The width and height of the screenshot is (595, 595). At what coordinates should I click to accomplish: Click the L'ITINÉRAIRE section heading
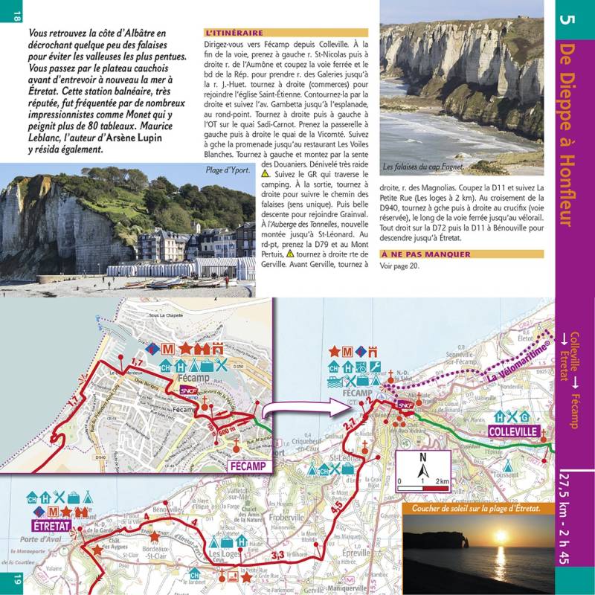tap(234, 33)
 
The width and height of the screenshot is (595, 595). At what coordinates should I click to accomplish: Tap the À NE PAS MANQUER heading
tap(425, 254)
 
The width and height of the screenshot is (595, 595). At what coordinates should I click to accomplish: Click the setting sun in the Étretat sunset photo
tap(501, 535)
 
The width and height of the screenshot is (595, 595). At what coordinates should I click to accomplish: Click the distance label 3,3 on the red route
tap(278, 554)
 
